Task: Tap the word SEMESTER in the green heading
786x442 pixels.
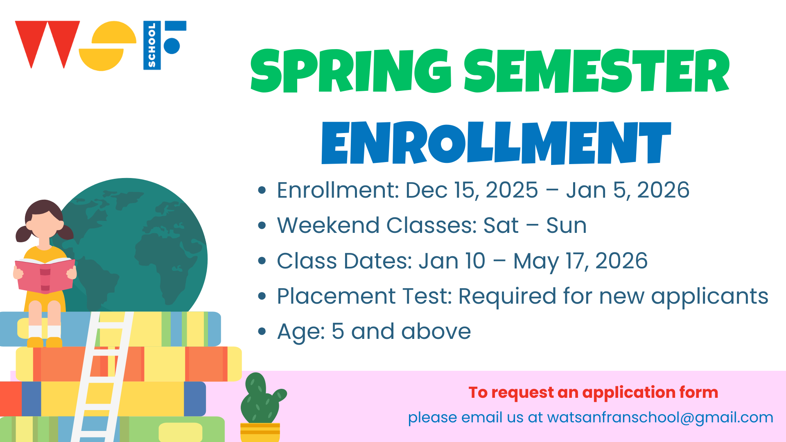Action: (597, 71)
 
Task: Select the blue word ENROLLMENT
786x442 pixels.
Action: (496, 142)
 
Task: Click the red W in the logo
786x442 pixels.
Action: (47, 44)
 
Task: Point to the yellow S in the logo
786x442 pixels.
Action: (107, 46)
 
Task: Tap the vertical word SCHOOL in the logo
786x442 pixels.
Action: (152, 45)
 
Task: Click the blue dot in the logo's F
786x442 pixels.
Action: (172, 46)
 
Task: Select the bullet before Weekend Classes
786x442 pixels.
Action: (262, 226)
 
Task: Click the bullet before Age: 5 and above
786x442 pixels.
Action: (262, 331)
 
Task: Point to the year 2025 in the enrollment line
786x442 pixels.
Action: (512, 190)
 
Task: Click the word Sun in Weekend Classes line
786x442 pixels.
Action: (566, 226)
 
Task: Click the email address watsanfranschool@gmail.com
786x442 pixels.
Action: (660, 418)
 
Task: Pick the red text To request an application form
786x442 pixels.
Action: (593, 393)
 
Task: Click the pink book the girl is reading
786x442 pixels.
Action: (45, 275)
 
